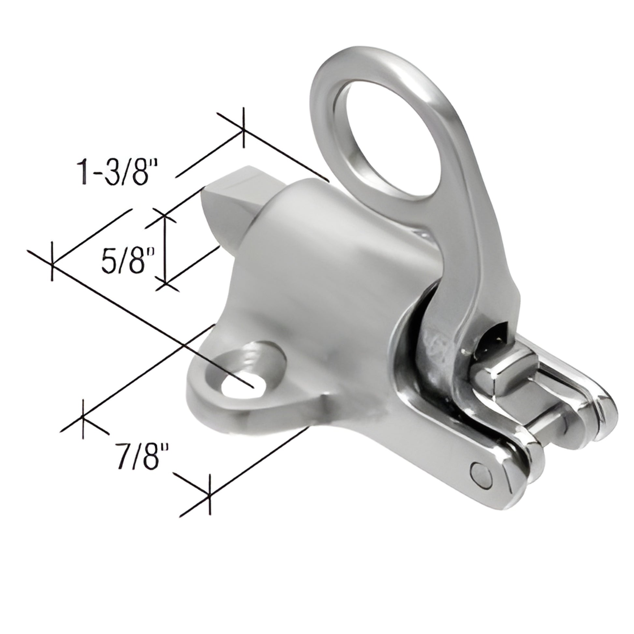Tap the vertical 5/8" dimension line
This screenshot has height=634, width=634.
[165, 250]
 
